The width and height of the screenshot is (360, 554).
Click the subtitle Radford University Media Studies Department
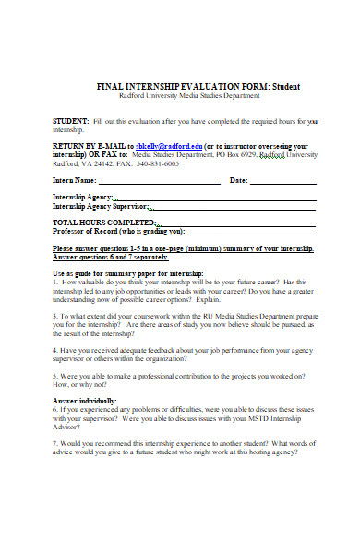point(190,95)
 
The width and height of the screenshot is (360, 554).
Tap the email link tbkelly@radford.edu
point(168,146)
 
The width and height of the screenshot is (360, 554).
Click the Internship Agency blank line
point(217,199)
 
